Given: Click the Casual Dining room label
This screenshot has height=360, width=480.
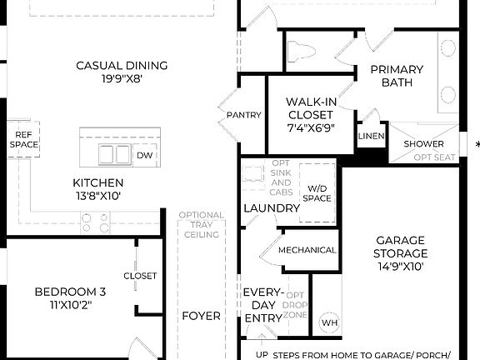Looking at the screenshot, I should pos(122,66).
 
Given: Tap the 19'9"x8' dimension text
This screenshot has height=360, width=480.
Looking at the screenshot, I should pos(122,81).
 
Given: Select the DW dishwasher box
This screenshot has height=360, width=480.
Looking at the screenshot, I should pos(144,155).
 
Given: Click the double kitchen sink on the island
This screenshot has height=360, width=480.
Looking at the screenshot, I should pos(116,154).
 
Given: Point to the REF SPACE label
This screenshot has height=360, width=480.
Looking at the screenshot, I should pos(24,139).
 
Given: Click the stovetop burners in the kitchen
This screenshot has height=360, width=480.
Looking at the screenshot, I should pos(93,222).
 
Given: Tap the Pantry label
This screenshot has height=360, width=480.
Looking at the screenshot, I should pos(244,115).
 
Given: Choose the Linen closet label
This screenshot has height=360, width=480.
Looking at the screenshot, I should pos(371,137).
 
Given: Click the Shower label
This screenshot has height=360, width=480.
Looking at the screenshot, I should pos(424,143).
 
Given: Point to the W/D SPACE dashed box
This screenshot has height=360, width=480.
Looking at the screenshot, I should pos(317,192).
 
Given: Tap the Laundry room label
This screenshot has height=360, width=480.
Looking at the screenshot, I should pos(272,208).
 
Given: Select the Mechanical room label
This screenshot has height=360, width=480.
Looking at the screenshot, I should pos(307,250).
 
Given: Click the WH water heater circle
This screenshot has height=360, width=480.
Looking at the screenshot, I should pos(329,322).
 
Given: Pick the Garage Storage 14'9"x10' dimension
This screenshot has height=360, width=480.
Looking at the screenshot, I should pos(400,267).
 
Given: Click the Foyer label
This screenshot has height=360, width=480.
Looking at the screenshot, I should pos(201,316).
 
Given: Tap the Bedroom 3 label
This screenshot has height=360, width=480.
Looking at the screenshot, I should pos(70,292).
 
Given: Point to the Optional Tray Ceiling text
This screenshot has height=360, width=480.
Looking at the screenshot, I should pos(201,225).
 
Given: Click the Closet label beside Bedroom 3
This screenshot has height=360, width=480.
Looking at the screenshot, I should pos(140,276).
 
